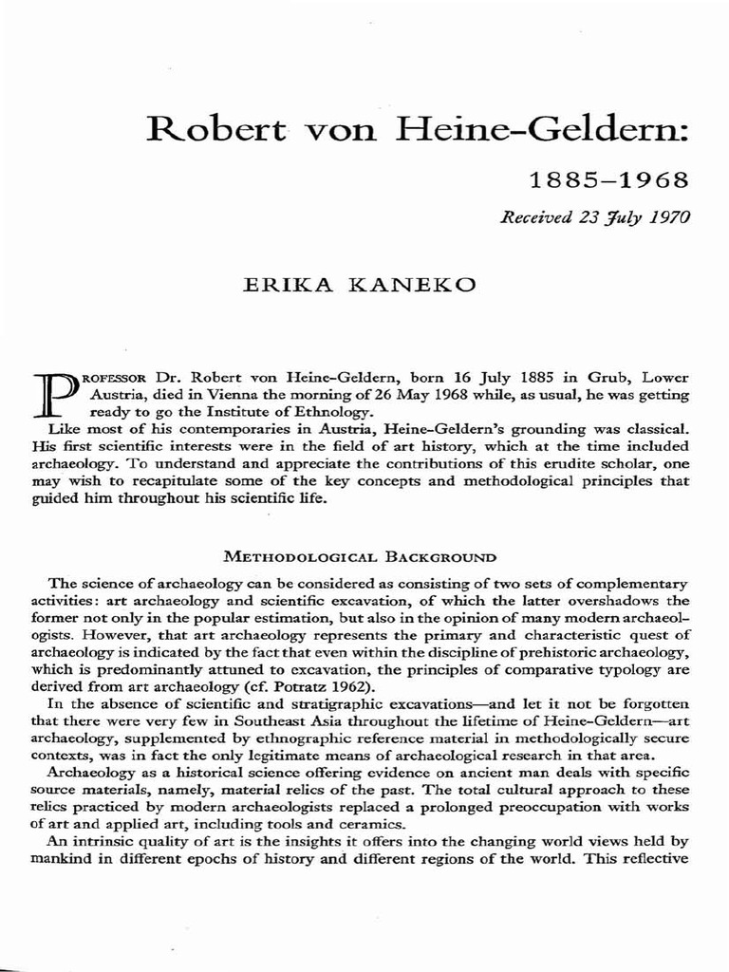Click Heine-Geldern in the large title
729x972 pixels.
(x=525, y=127)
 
